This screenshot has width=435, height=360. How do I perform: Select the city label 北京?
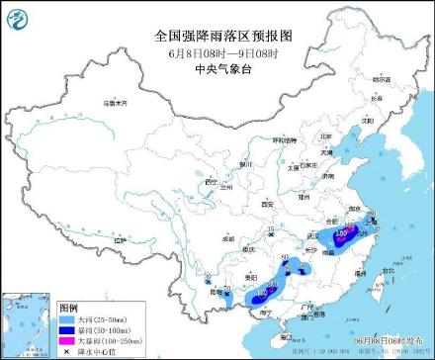point(327,137)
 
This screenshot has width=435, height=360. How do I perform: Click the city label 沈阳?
point(370,120)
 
